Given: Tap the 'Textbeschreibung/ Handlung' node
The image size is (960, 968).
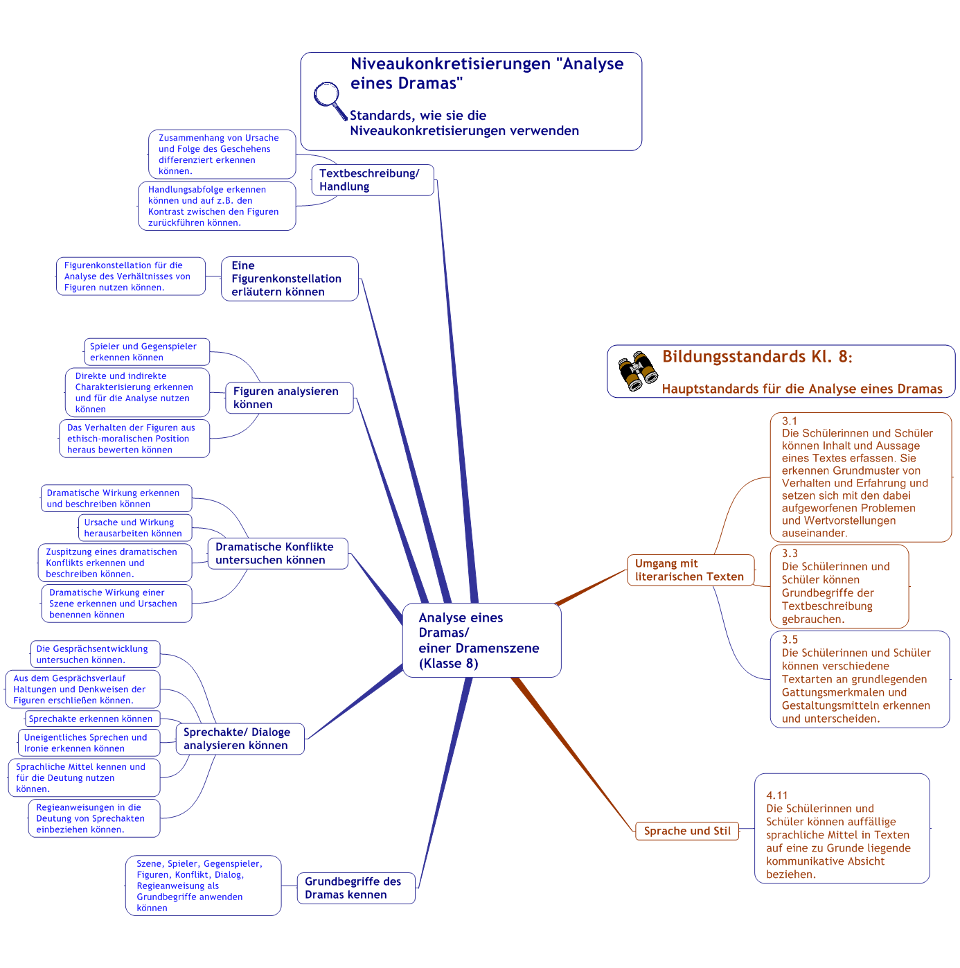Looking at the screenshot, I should [373, 180].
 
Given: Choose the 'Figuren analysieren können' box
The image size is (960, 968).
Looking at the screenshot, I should [289, 398].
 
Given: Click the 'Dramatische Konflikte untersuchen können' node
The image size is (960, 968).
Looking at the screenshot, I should [278, 554].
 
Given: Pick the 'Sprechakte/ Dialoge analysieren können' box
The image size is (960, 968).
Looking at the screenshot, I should [240, 739].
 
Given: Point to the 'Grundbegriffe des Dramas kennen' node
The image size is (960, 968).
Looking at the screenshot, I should [356, 888].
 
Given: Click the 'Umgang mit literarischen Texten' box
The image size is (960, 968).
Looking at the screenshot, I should [690, 570].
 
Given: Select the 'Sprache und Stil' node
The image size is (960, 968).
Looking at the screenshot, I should [687, 831].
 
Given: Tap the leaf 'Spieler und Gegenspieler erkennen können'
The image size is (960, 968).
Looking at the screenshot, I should [146, 352].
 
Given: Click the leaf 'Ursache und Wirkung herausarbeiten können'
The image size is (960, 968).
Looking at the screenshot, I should [134, 528].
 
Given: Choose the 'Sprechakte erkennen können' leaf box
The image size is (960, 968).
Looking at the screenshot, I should [92, 719].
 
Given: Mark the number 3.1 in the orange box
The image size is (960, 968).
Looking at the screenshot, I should [790, 421].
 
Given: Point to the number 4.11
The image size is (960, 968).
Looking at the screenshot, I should [776, 795].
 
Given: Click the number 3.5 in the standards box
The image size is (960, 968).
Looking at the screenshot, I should [790, 640].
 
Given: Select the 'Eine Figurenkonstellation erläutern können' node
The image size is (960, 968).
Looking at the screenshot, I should [290, 279].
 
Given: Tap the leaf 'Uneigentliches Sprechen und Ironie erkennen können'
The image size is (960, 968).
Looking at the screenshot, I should [89, 743].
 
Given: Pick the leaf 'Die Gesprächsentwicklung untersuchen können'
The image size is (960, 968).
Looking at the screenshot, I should [95, 655].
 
